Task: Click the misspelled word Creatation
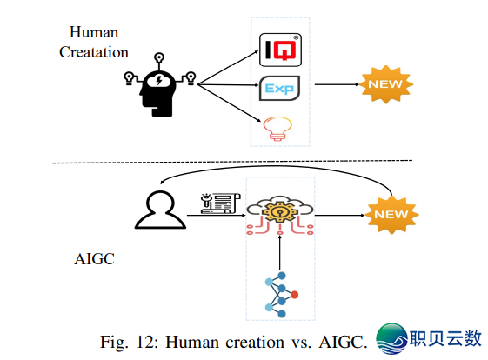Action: click(x=94, y=51)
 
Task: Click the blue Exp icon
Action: click(x=279, y=89)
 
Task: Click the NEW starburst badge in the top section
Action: click(x=386, y=84)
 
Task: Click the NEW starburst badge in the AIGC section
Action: click(x=389, y=213)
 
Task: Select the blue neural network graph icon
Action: click(x=280, y=294)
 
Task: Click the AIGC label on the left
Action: click(x=95, y=258)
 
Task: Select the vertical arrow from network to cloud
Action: click(x=279, y=251)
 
